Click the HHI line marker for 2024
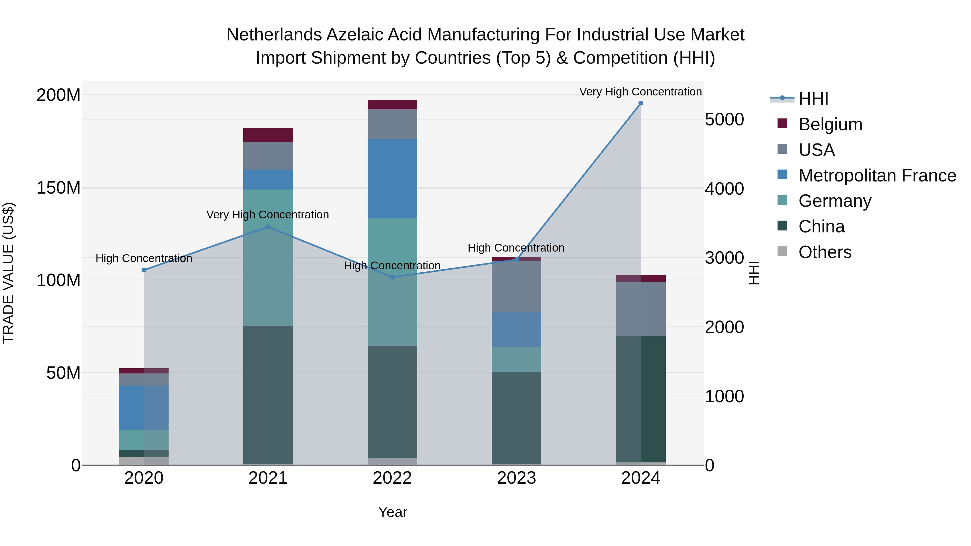point(640,103)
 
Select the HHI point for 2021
point(268,227)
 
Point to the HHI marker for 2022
point(392,277)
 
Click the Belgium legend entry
point(830,124)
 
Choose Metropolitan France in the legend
point(877,176)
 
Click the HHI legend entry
point(813,99)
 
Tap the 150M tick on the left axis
point(59,188)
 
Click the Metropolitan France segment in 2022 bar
point(392,178)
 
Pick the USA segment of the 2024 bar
point(640,309)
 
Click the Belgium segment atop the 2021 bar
point(268,135)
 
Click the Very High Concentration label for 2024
point(640,92)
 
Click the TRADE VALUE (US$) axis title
point(8,273)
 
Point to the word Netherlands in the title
point(274,35)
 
